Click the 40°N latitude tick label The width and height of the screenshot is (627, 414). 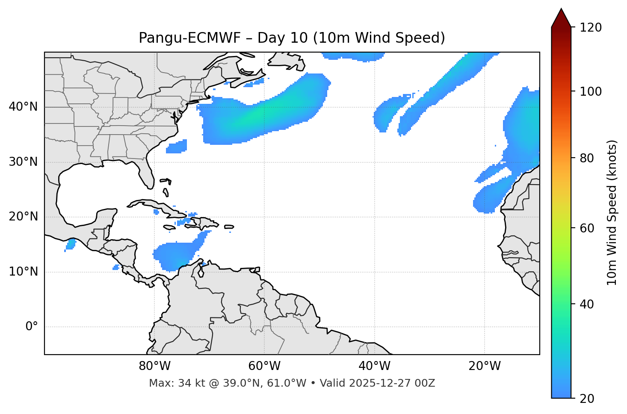click(23, 107)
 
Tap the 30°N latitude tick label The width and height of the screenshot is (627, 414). click(23, 162)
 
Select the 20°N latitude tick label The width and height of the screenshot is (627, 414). click(23, 217)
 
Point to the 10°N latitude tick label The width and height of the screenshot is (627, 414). click(23, 272)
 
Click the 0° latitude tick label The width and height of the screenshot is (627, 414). click(31, 327)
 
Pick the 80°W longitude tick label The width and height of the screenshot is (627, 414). click(154, 366)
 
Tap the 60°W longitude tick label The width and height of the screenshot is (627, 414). click(264, 366)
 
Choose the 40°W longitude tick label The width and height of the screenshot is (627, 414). click(374, 366)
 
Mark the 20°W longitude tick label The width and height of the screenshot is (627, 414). click(484, 366)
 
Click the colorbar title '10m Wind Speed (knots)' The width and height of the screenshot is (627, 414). click(612, 212)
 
